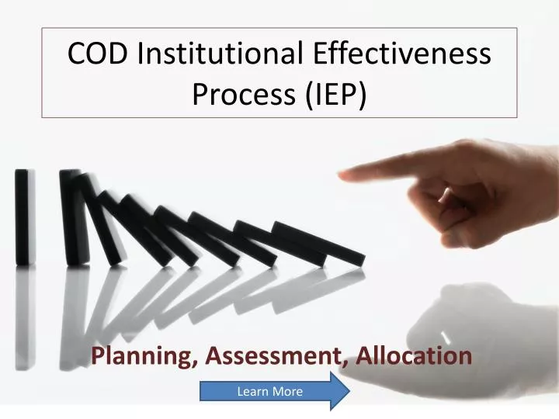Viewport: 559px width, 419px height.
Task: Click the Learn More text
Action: [x=269, y=392]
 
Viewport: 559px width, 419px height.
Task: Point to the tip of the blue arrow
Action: [x=349, y=391]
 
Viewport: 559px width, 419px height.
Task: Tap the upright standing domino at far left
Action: [x=25, y=216]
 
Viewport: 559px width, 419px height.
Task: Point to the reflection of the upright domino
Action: [x=25, y=310]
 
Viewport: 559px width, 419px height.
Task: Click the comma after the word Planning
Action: [x=194, y=362]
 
